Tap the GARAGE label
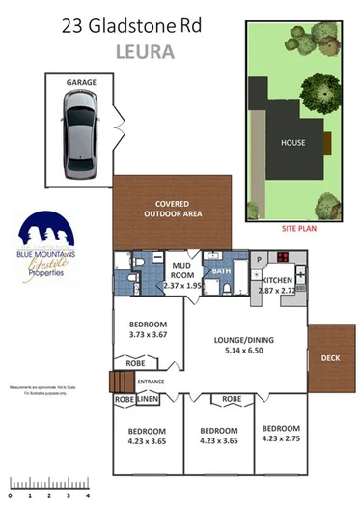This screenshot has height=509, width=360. tap(80, 84)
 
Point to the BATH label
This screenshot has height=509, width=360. tap(222, 271)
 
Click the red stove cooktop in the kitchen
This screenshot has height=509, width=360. tap(285, 258)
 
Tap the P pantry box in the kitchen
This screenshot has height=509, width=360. tap(260, 260)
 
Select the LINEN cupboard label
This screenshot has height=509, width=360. tap(147, 398)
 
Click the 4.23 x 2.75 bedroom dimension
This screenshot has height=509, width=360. tap(281, 438)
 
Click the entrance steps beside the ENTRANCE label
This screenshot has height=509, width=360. tap(122, 382)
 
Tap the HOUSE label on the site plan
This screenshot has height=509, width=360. tap(293, 143)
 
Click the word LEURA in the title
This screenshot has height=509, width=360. tap(145, 51)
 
